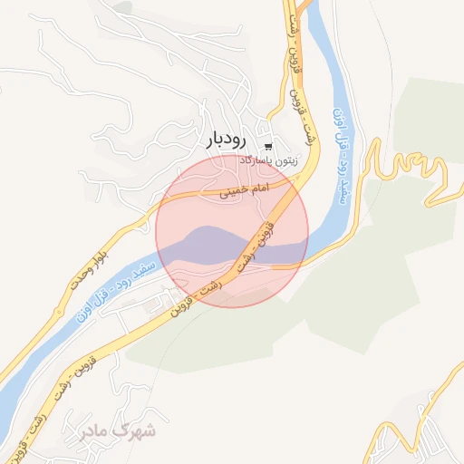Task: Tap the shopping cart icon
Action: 268,146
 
